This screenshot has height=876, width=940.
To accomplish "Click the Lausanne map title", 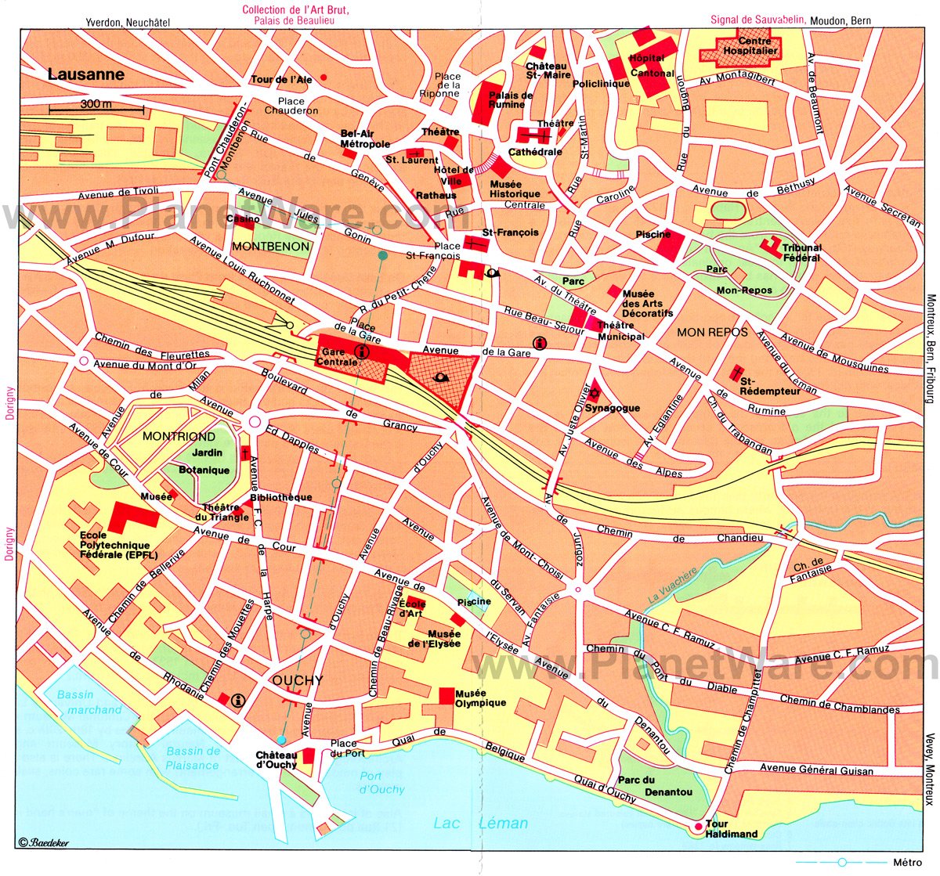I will (86, 75).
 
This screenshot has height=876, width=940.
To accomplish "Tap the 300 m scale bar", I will (96, 110).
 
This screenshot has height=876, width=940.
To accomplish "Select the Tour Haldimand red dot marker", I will (698, 827).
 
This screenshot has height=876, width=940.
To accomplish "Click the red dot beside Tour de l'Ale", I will (324, 77).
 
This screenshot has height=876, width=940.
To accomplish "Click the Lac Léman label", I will (481, 823).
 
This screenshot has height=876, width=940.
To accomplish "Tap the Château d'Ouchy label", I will (276, 759).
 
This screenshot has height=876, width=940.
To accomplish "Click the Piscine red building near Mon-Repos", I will (671, 244).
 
